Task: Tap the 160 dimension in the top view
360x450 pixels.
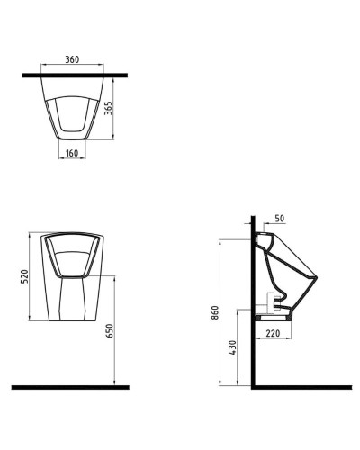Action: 74,154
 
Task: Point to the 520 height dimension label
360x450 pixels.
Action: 24,274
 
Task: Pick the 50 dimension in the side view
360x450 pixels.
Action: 279,219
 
